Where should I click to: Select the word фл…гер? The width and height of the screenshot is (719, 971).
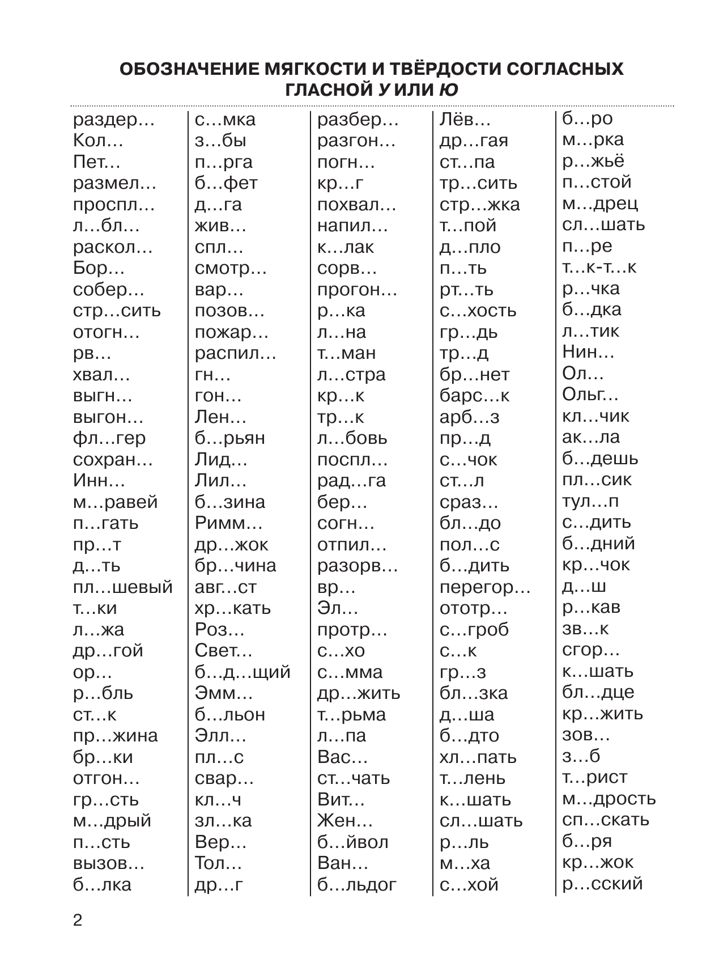coord(109,438)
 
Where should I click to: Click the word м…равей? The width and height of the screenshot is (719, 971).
coord(115,502)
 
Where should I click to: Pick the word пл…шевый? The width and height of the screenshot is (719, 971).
coord(122,587)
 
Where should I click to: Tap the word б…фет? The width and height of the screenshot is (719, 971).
coord(226,183)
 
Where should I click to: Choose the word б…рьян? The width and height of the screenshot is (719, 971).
coord(229,438)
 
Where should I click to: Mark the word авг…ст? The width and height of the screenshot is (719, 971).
coord(225,587)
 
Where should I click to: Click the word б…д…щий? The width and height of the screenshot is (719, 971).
coord(242,672)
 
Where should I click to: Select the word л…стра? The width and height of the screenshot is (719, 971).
coord(351,375)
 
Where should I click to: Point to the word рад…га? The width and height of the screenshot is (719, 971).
coord(351,481)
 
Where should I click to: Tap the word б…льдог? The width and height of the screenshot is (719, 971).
coord(357,885)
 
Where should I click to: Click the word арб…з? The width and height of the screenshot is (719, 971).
coord(469,417)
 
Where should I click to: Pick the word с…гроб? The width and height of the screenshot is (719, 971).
coord(474,630)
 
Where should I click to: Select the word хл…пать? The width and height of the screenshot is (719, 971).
coord(478,757)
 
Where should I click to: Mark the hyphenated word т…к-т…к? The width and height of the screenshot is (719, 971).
coord(599,267)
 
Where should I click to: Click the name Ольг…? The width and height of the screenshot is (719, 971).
coord(590,395)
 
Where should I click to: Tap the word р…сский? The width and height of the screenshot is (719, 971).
coord(602,884)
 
